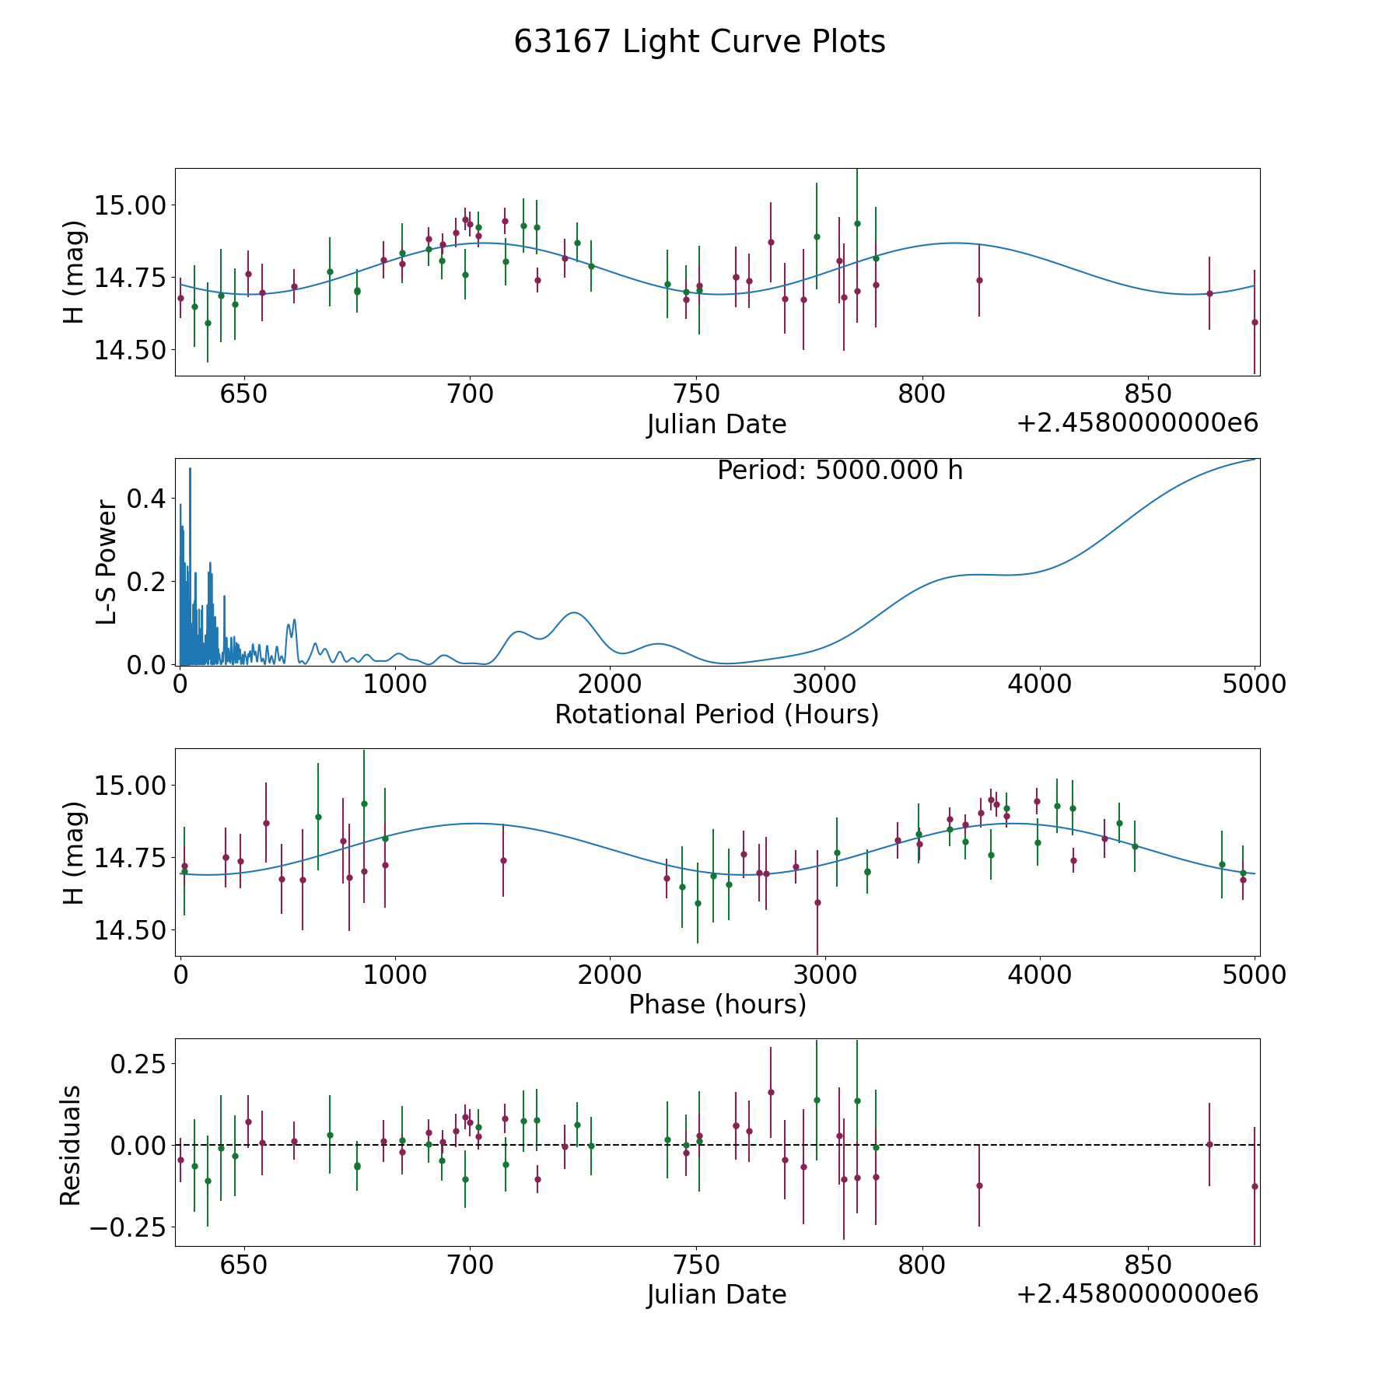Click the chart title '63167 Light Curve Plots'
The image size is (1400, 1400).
[699, 42]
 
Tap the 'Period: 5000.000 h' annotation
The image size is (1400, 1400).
[840, 471]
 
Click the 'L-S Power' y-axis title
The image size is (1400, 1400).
[107, 562]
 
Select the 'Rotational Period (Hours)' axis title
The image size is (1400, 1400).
[716, 714]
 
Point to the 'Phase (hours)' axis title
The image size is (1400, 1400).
[716, 1004]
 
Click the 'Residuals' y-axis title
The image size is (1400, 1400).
[71, 1145]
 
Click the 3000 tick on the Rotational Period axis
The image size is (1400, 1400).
[824, 685]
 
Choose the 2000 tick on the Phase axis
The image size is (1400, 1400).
[610, 975]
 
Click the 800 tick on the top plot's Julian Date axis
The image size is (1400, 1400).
[922, 395]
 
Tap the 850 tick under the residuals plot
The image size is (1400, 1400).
[1148, 1265]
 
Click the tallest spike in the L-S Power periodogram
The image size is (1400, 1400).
[190, 469]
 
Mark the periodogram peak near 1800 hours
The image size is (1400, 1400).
[573, 613]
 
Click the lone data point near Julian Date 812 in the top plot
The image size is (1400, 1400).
[979, 280]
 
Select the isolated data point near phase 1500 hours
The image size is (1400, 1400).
[503, 860]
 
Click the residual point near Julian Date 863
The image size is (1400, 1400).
[1209, 1144]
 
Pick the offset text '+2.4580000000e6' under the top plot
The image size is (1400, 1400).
[1137, 424]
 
